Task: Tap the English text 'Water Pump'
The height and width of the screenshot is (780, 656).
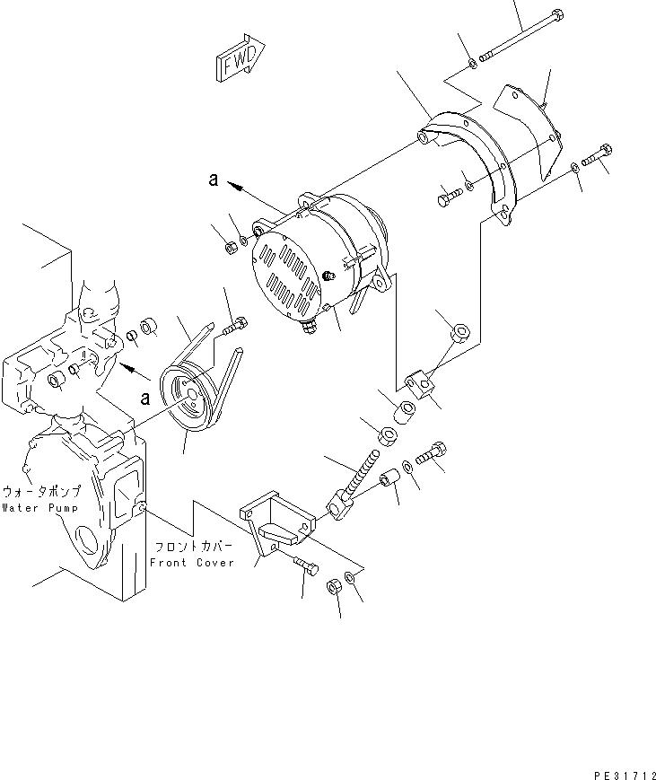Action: (x=40, y=508)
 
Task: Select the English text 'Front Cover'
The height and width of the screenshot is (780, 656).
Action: (x=191, y=563)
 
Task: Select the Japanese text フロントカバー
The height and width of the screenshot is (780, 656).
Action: (x=190, y=547)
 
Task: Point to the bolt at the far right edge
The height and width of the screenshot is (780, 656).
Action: (x=597, y=158)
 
